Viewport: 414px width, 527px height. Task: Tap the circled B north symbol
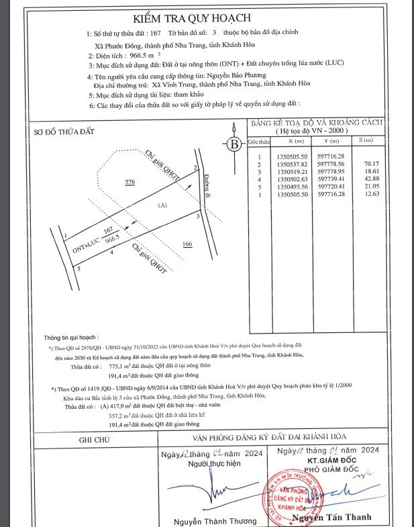234,144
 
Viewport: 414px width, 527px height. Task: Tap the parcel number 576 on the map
131,182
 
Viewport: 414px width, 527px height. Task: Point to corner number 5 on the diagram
79,269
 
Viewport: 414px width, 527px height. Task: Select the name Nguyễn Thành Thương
206,521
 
